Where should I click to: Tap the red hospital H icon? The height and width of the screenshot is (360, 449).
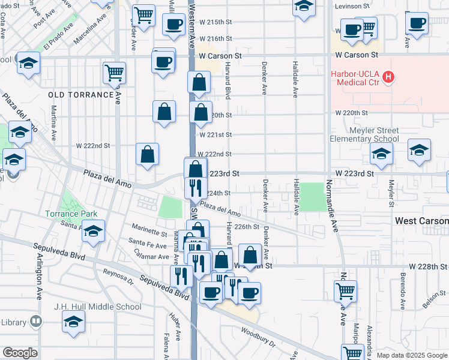389,77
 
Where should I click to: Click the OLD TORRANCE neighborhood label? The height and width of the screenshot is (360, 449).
81,95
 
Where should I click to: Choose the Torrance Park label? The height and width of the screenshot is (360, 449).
71,214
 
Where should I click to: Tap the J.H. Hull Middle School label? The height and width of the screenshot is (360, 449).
97,307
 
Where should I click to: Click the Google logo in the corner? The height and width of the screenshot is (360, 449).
20,353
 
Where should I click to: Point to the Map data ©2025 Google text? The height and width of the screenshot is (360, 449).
411,355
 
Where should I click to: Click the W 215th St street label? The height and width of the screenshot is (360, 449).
215,22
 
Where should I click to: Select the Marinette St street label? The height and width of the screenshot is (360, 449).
149,233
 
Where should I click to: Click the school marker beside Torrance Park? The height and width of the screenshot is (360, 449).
93,232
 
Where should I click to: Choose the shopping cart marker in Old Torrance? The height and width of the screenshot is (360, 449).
114,73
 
